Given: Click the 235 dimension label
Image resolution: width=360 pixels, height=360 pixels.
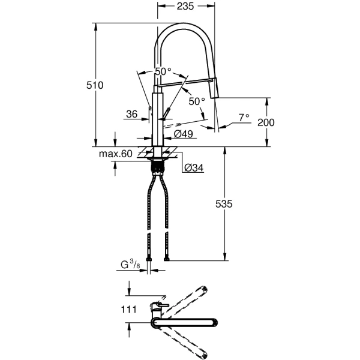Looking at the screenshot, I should (186, 7).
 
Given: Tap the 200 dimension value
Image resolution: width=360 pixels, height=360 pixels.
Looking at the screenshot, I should (265, 122).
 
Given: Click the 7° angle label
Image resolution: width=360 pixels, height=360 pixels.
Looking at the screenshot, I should (243, 117).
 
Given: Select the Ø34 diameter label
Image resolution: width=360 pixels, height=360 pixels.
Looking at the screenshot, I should (193, 168).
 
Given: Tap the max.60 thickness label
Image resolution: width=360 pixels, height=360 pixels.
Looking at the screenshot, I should (116, 154).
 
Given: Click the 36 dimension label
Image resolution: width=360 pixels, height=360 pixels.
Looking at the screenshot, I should (132, 113).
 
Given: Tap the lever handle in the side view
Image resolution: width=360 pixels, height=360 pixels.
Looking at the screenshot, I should (167, 115).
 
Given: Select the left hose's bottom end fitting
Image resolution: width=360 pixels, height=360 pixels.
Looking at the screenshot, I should (148, 259).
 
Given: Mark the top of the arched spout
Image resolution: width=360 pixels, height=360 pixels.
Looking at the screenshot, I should (186, 25).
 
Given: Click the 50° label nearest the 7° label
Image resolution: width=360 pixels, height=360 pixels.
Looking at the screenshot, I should (196, 101).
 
